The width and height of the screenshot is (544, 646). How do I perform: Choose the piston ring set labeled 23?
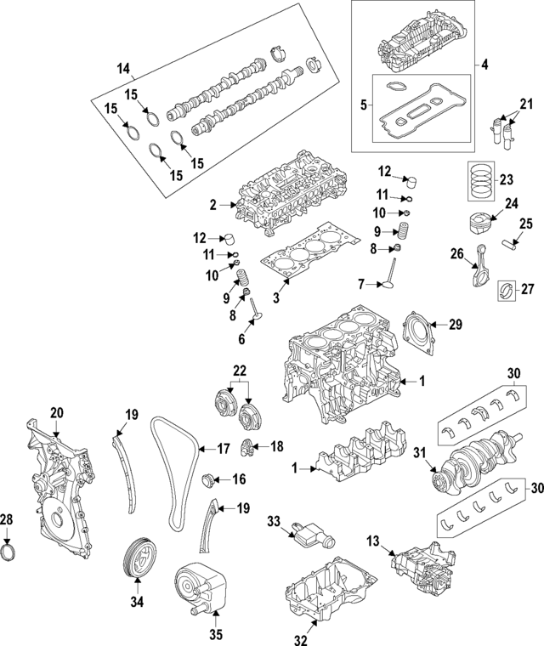click(480, 181)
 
